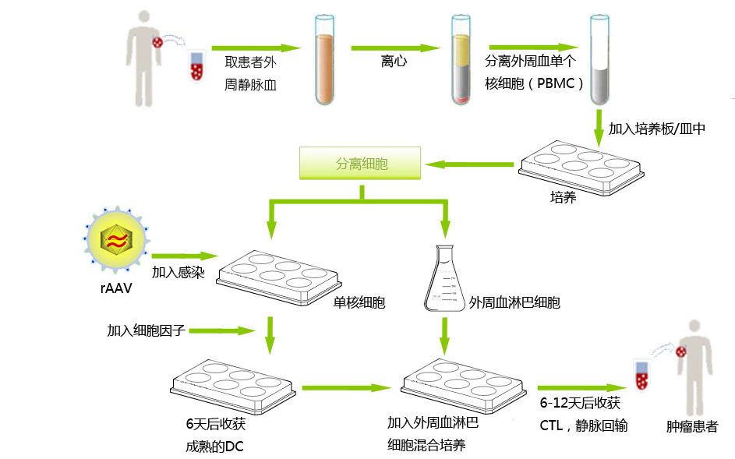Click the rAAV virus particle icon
click(x=115, y=240)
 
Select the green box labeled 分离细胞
click(x=361, y=164)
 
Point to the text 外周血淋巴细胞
click(x=514, y=302)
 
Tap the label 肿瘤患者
click(x=692, y=426)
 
